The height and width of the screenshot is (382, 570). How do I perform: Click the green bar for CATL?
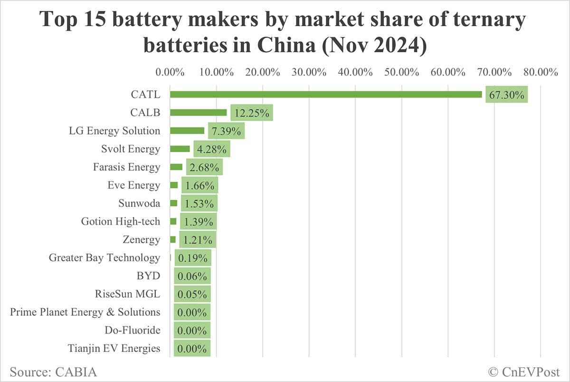point(326,94)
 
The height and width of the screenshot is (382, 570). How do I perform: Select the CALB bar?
point(198,112)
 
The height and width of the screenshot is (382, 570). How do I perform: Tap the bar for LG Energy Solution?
point(187,130)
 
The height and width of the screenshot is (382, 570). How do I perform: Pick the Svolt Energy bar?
point(180,149)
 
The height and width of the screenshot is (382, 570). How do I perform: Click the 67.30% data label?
point(506,95)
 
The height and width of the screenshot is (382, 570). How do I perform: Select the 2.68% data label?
point(202,167)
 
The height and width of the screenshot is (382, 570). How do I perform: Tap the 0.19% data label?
point(192,258)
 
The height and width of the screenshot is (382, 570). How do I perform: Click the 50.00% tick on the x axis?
point(402,72)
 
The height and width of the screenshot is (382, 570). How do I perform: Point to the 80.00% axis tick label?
point(541,72)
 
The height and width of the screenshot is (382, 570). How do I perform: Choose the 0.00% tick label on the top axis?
point(170,72)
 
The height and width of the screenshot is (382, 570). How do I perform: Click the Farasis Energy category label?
point(127,167)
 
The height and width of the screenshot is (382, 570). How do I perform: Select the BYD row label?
point(149,275)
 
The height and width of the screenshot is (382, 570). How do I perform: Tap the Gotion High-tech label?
point(121,221)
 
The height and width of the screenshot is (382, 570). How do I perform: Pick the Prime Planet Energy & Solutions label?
point(85,312)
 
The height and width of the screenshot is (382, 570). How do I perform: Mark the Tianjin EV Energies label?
point(114,348)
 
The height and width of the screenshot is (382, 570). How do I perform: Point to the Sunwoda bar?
point(173,203)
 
